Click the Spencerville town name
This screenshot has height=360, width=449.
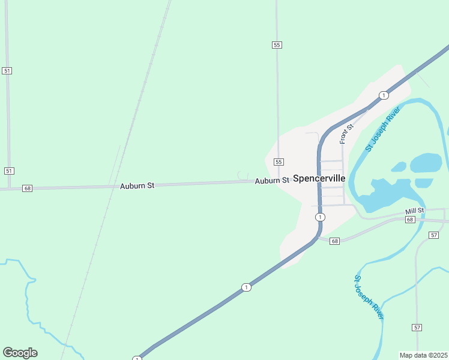point(319,178)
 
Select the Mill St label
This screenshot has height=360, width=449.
point(414,211)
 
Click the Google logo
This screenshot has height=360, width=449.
point(20,353)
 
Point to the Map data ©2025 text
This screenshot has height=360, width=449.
point(423,355)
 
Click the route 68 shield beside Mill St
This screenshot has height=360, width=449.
point(410,220)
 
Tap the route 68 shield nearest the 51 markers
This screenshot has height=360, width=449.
point(27,188)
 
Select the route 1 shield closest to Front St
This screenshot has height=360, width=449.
point(383,95)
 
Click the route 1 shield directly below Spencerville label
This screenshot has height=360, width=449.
point(321,217)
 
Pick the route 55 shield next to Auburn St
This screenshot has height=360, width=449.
point(279,162)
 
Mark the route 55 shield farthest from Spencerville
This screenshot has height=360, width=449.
point(276,45)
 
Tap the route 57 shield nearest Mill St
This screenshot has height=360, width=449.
point(434,235)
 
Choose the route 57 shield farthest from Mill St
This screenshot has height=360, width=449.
point(417,327)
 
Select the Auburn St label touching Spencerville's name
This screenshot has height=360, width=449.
point(272,181)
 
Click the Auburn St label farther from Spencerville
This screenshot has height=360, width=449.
point(137,186)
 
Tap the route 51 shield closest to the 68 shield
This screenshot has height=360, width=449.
point(8,171)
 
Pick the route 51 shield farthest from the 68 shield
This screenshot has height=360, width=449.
point(7,71)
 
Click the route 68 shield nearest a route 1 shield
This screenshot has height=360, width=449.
point(334,241)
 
